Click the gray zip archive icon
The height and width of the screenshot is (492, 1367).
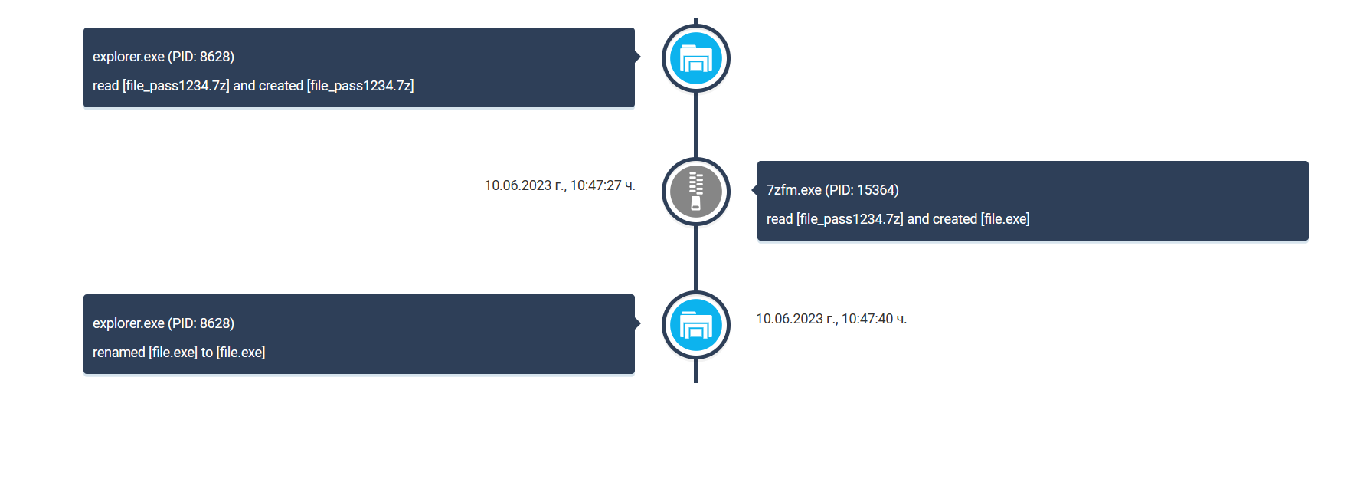point(695,192)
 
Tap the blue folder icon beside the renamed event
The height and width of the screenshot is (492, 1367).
point(695,325)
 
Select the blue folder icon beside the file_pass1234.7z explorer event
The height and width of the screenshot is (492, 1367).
point(695,58)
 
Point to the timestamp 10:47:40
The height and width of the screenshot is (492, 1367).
point(868,319)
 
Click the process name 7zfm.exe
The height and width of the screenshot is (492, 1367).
point(793,190)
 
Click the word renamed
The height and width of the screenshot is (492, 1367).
point(119,353)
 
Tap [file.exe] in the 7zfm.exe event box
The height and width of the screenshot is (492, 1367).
point(1005,219)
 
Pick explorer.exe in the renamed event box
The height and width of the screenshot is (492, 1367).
point(128,323)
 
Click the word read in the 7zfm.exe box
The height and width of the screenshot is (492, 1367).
point(780,219)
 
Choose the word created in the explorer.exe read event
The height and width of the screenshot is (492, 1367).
point(281,86)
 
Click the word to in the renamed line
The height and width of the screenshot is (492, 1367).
point(207,353)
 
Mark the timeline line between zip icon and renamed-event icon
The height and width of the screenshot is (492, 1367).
point(695,258)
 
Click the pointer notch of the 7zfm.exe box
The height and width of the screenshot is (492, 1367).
point(755,189)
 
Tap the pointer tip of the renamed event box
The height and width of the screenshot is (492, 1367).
point(637,323)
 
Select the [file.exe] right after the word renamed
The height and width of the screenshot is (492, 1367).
point(173,353)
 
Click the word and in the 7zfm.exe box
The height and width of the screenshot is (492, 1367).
point(917,219)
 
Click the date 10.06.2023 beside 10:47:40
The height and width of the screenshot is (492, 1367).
point(790,319)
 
